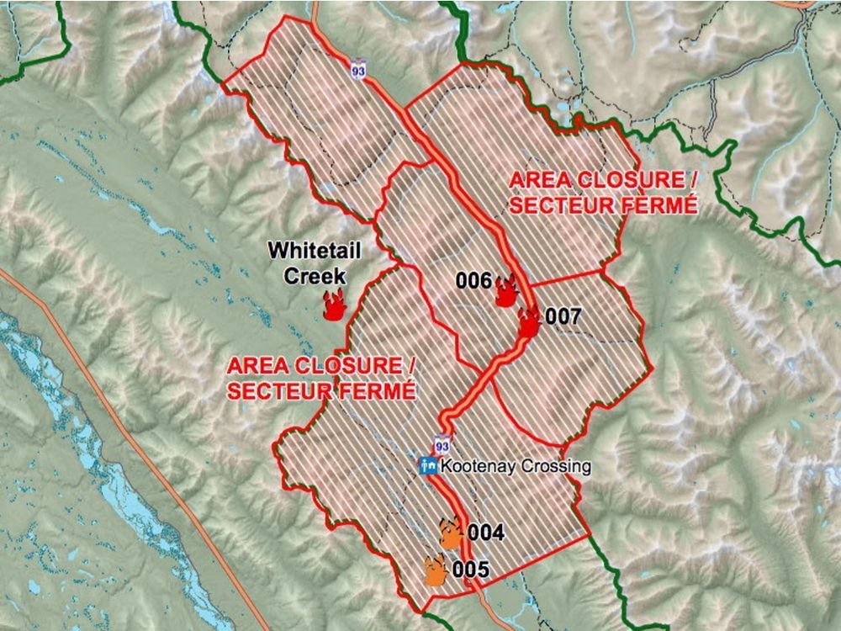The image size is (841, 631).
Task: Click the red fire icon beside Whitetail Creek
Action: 335,305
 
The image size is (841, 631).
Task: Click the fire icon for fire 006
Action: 506,291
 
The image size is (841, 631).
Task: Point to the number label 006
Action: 473,281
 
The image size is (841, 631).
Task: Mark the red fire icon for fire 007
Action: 528,321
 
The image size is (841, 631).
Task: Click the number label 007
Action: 563,317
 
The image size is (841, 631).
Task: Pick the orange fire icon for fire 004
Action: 452,533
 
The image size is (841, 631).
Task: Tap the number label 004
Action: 485,533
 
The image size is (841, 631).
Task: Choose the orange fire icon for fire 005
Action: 436,570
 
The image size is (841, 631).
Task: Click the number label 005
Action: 470,570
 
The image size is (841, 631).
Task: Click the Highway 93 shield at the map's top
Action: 359,65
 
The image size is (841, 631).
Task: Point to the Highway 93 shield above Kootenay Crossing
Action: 441,443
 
